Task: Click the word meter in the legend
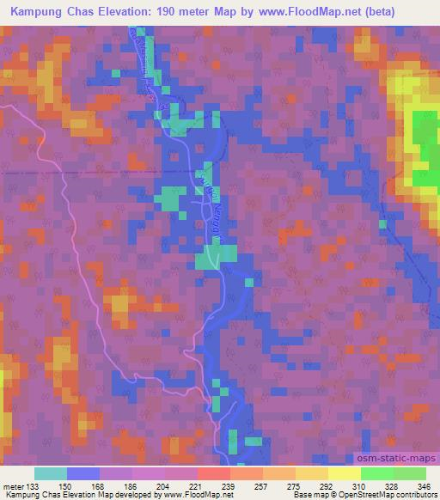(x=13, y=486)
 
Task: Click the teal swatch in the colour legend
(x=51, y=473)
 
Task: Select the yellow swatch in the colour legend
(x=344, y=473)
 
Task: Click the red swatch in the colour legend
(x=214, y=473)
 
